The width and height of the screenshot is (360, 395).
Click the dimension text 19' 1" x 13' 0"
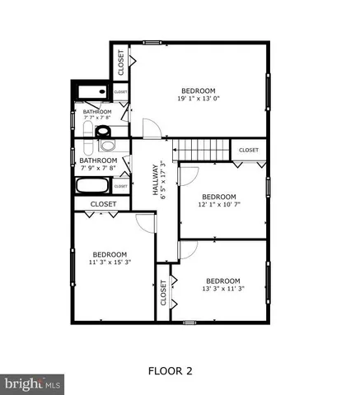tap(198, 99)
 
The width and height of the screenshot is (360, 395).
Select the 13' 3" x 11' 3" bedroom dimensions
tap(222, 288)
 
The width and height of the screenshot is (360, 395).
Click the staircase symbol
tap(203, 150)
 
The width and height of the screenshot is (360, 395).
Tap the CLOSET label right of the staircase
tap(249, 151)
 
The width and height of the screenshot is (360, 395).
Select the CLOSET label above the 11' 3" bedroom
tap(103, 203)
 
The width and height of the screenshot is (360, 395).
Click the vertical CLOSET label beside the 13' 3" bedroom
tap(163, 293)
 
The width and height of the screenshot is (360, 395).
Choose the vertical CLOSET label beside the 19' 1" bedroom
tap(120, 62)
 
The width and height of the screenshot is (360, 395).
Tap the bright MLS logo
tap(32, 383)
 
